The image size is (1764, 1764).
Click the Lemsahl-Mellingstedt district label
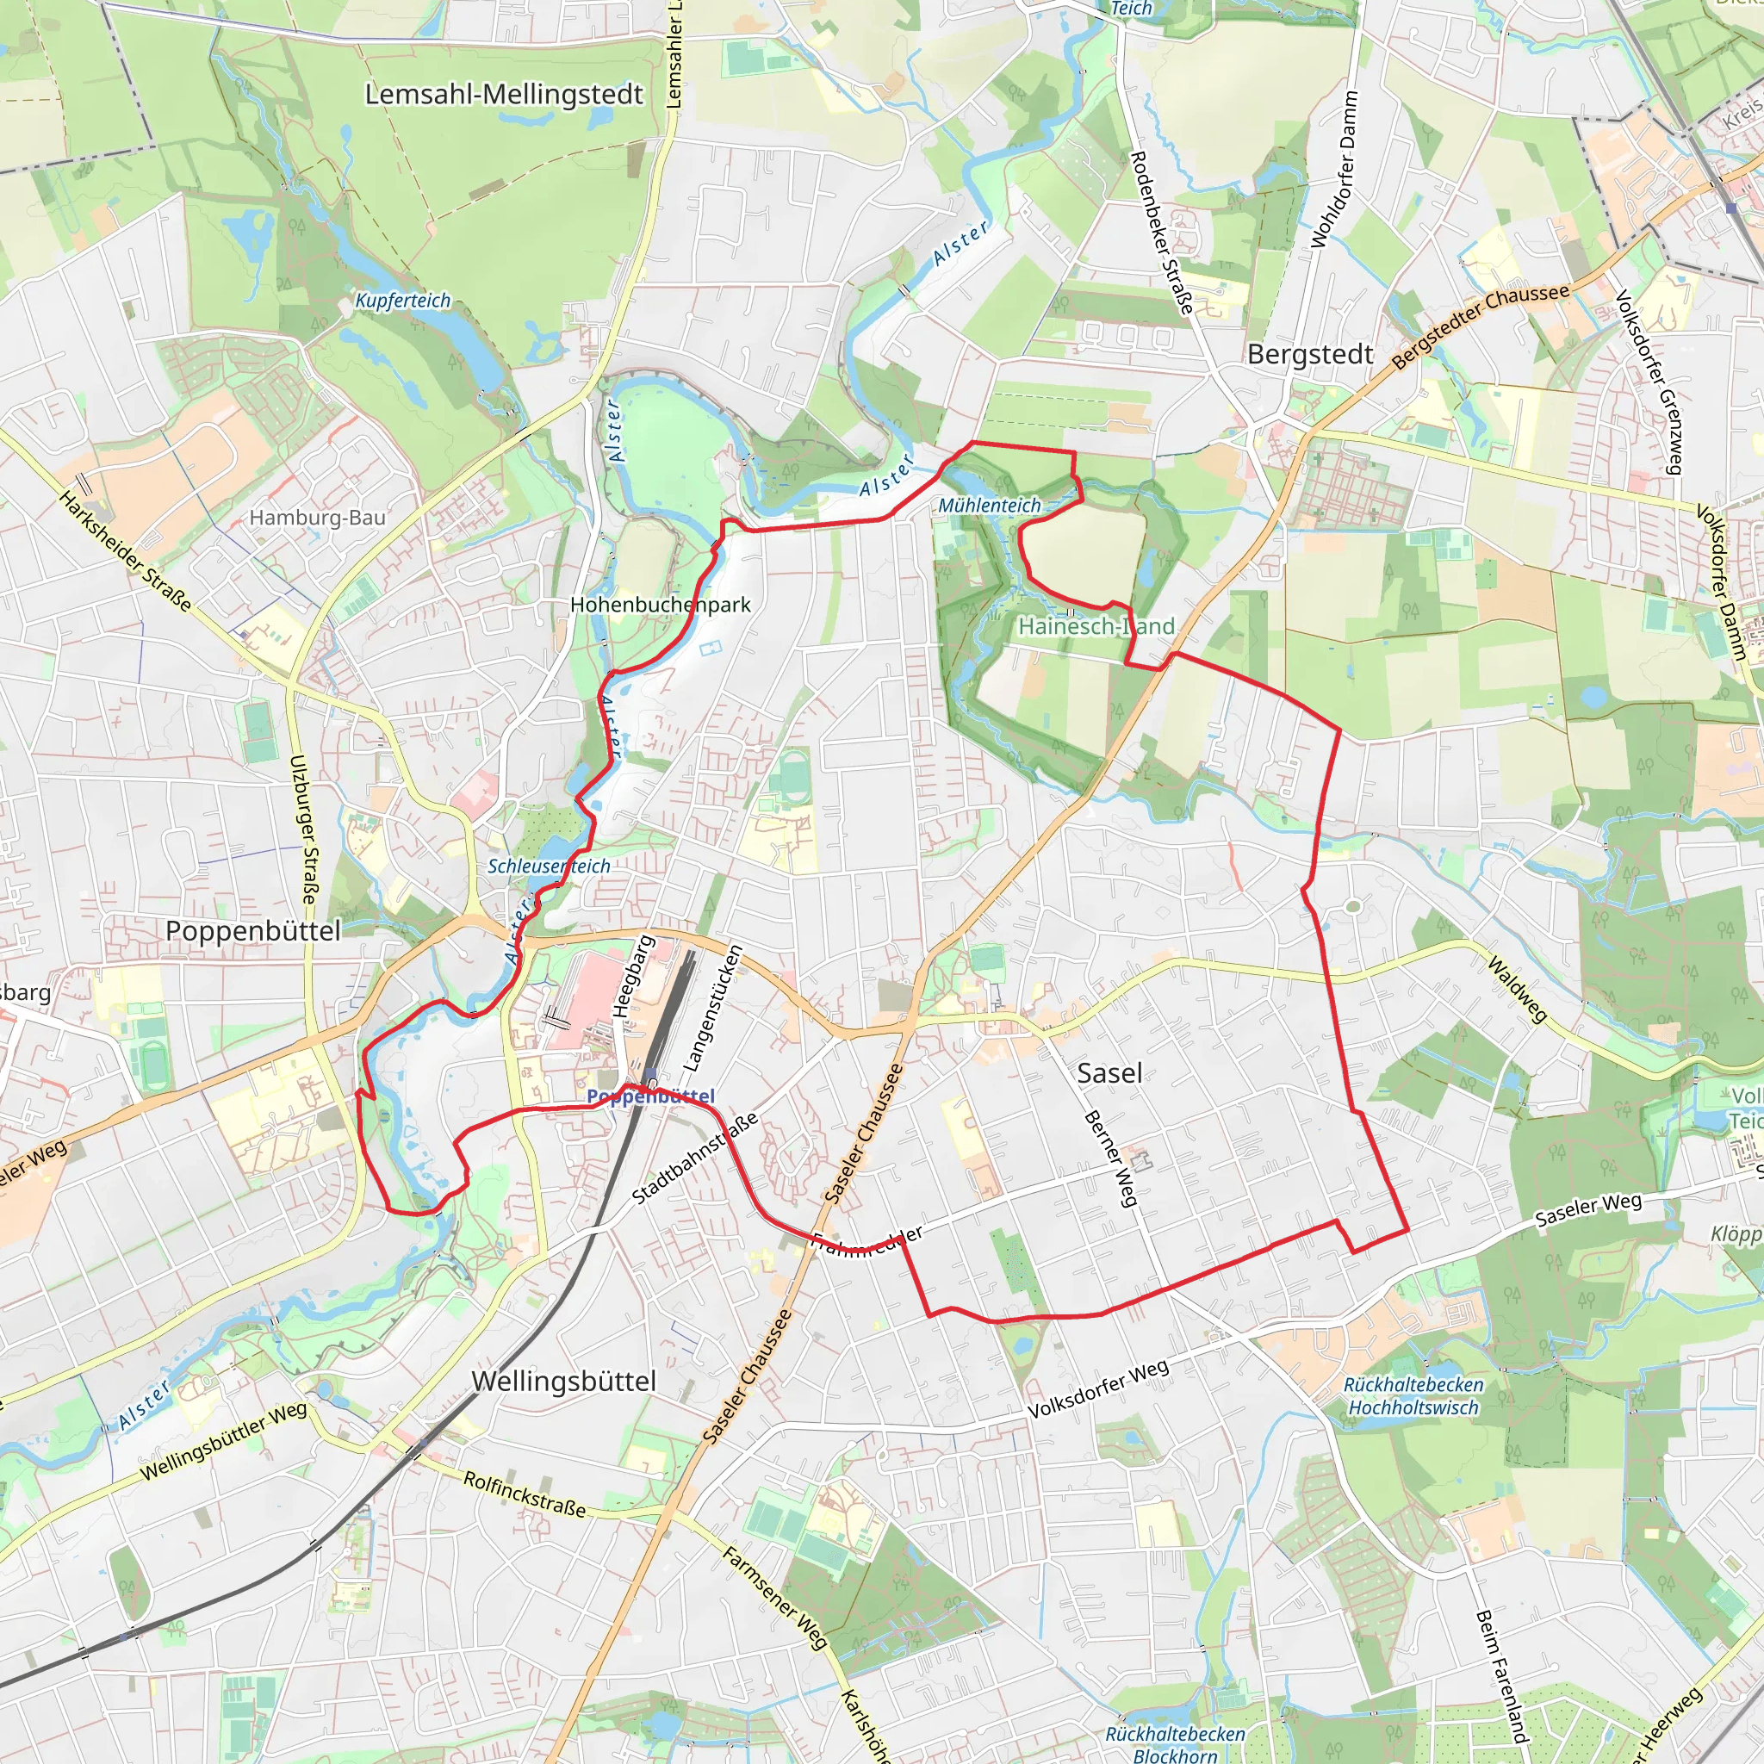(x=504, y=94)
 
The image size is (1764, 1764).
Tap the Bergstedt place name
(x=1310, y=354)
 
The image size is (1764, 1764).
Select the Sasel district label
(x=1109, y=1073)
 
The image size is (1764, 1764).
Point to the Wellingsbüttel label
(x=564, y=1381)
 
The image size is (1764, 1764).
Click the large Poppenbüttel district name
(x=253, y=930)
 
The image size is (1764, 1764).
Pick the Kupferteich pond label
(x=402, y=301)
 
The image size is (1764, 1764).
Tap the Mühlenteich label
(x=990, y=505)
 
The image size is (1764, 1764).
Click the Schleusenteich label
(x=549, y=866)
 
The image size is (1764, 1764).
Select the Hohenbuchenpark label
(x=660, y=605)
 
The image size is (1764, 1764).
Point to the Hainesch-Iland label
(x=1096, y=626)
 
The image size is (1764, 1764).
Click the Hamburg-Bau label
(x=317, y=518)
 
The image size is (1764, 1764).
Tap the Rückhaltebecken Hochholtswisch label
(x=1413, y=1396)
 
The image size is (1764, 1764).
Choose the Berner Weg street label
(x=1111, y=1158)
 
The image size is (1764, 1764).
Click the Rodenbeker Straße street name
(x=1162, y=233)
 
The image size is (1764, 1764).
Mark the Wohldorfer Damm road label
(x=1335, y=169)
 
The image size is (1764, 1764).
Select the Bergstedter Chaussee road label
(x=1480, y=325)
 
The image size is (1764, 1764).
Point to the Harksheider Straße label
(x=126, y=550)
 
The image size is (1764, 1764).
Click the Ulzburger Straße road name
(x=304, y=829)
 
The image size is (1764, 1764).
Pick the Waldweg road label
(x=1517, y=989)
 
